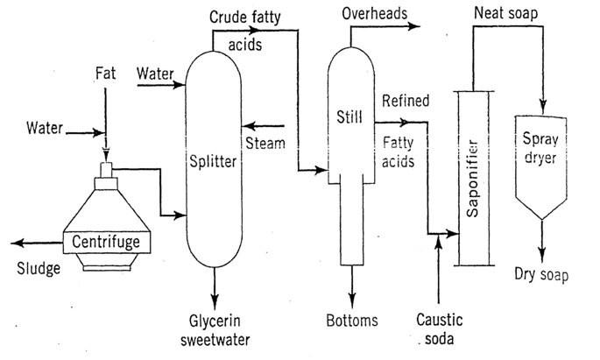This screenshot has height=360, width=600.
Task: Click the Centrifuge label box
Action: pyautogui.click(x=105, y=238)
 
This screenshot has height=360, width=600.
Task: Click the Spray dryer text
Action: pyautogui.click(x=540, y=147)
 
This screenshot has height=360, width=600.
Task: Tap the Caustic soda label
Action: pyautogui.click(x=439, y=328)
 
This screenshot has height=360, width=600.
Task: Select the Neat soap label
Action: pyautogui.click(x=505, y=15)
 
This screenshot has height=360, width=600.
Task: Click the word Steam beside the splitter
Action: pyautogui.click(x=265, y=143)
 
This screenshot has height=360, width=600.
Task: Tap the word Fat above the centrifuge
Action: pyautogui.click(x=105, y=76)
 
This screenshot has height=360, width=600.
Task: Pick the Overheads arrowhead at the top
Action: pyautogui.click(x=415, y=28)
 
